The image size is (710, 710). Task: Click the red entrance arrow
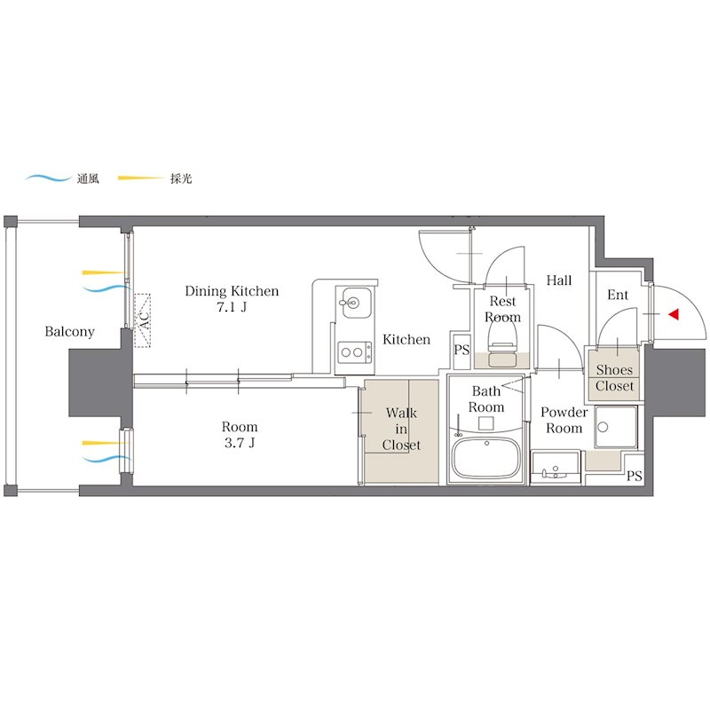[x=674, y=314]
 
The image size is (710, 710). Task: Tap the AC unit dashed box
[x=143, y=320]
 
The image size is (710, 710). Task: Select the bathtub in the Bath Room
[x=486, y=458]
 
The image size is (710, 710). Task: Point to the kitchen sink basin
[x=357, y=302]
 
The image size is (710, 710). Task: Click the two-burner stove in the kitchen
[x=354, y=352]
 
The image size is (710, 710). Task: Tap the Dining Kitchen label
[x=232, y=291]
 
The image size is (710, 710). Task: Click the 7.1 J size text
[x=232, y=307]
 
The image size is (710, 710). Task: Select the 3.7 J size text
[x=240, y=442]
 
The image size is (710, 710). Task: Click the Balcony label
[x=70, y=331]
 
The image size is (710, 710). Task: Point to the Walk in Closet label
[x=401, y=429]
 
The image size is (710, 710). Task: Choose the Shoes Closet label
[x=614, y=378]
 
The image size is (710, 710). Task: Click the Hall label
[x=559, y=280]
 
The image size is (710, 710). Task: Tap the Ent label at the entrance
[x=618, y=295]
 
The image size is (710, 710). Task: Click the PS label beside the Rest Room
[x=461, y=350]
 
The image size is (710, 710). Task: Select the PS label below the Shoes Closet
[x=635, y=476]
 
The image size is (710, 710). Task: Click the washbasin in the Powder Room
[x=556, y=468]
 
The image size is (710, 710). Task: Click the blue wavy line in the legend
[x=48, y=178]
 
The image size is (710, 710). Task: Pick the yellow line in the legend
[x=141, y=178]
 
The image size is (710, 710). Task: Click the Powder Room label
[x=564, y=420]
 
